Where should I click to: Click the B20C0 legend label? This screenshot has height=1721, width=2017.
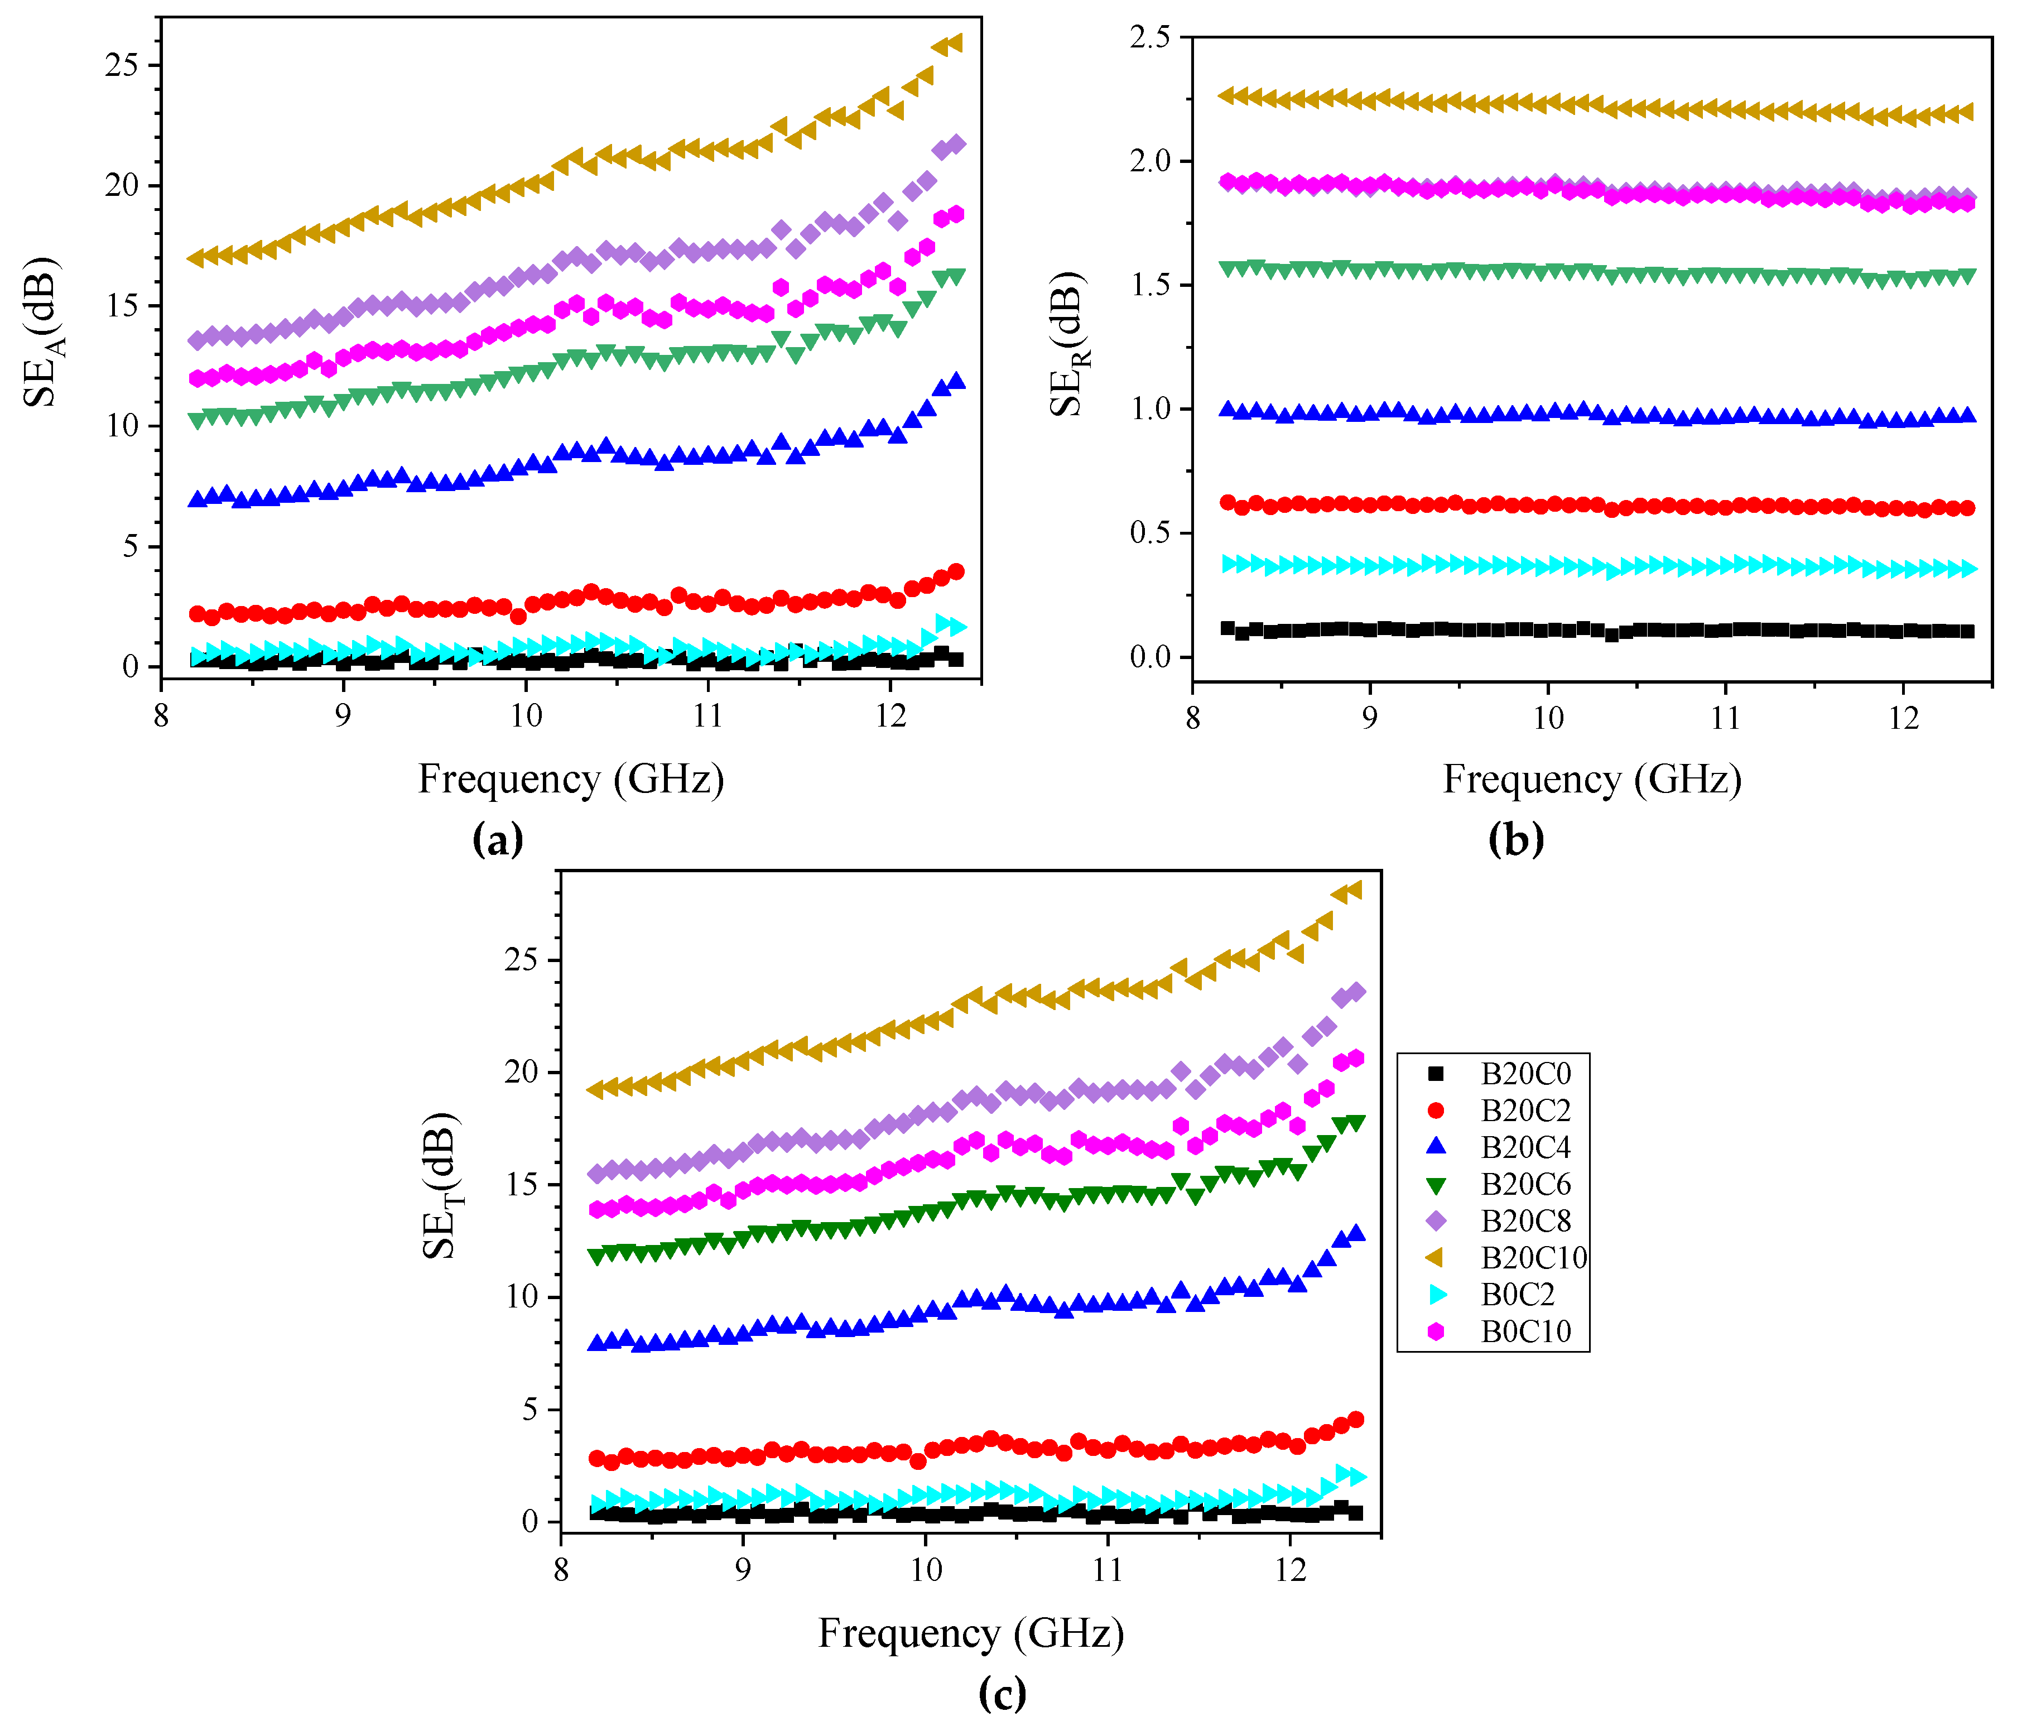click(1525, 1074)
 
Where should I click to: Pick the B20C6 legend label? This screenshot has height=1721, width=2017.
click(1525, 1185)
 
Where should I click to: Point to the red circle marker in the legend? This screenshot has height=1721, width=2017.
click(1435, 1111)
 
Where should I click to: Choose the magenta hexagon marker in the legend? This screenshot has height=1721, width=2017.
click(1435, 1331)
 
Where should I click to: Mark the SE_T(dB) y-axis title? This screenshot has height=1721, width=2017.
click(442, 1185)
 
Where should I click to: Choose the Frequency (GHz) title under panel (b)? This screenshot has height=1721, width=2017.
click(1592, 780)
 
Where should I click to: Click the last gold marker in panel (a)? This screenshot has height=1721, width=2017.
click(955, 43)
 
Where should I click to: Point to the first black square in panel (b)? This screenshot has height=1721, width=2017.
click(1227, 628)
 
